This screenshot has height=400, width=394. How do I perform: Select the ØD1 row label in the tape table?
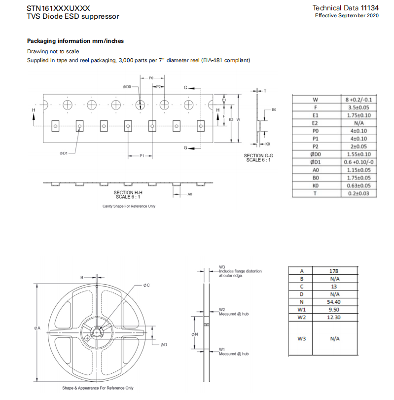(316, 162)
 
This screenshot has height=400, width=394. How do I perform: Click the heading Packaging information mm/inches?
(75, 41)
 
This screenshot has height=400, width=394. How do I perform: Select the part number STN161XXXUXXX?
(58, 8)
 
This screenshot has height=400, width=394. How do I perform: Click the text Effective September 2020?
(347, 16)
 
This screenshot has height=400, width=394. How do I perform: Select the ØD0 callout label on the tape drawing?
(127, 87)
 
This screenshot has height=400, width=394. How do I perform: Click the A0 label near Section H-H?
(189, 195)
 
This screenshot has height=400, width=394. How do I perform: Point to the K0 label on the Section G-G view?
(267, 145)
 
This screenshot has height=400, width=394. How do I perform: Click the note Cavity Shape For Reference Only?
(129, 206)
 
